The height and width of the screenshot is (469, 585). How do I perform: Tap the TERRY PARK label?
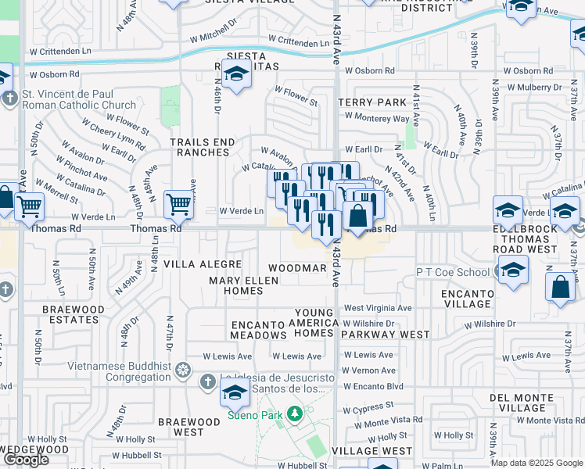(372, 102)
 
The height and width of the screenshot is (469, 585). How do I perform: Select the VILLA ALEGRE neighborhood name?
(196, 265)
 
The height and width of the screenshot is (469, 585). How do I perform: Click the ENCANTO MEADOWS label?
(259, 329)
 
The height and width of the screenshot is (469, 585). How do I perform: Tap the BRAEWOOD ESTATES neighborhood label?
(74, 314)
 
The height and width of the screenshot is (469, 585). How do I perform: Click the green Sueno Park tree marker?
(295, 412)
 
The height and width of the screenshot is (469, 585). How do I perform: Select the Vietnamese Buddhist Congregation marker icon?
(182, 369)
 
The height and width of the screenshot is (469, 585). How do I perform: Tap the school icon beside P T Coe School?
(513, 271)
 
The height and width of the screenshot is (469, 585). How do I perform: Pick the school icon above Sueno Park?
(235, 395)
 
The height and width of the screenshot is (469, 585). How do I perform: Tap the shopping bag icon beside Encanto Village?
(562, 287)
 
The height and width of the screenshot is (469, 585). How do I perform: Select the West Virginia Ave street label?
(378, 308)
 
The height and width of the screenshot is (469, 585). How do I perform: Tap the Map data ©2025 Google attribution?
(537, 463)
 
